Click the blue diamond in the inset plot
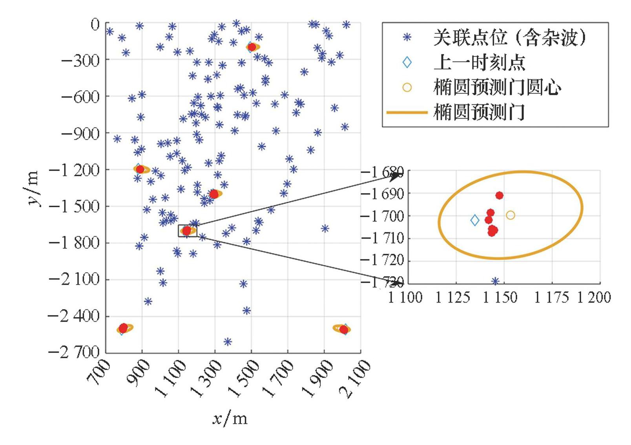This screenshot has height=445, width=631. (475, 221)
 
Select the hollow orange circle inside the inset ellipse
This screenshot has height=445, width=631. (510, 215)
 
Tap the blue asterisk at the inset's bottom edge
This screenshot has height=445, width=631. (495, 281)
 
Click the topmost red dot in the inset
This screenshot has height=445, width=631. (499, 195)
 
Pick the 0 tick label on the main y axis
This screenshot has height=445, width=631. (95, 25)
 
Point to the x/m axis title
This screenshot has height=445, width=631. (230, 419)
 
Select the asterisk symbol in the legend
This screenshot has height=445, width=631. (407, 38)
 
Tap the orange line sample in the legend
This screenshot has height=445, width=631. (407, 113)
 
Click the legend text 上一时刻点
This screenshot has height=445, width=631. (479, 63)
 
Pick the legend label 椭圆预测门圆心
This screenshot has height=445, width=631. (497, 88)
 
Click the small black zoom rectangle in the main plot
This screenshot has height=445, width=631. (188, 231)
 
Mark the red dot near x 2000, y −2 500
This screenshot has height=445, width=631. (344, 330)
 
